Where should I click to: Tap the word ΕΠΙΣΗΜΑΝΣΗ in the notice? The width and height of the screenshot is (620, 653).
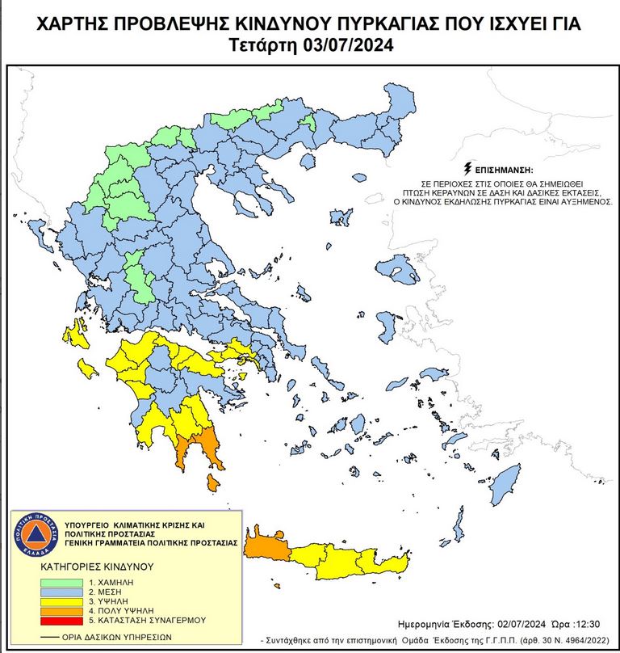504,170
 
